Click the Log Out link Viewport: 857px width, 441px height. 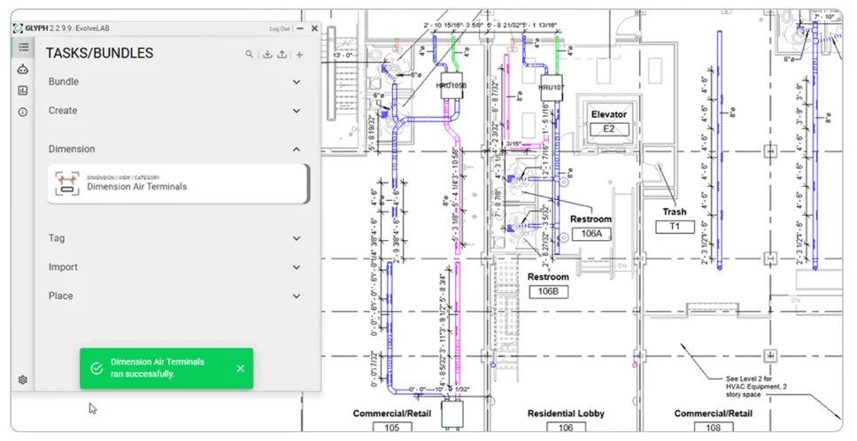click(x=280, y=28)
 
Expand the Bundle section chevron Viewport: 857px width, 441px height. click(x=297, y=82)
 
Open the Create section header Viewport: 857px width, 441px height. click(x=64, y=111)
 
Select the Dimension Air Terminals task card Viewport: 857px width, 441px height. click(x=178, y=183)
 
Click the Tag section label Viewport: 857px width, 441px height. click(x=57, y=238)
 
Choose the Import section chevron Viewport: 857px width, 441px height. click(x=297, y=267)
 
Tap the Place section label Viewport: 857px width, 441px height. click(x=59, y=296)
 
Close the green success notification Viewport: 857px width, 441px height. click(x=241, y=368)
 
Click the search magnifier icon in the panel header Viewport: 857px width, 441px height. click(x=251, y=54)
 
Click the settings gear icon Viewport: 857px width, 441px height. click(x=23, y=380)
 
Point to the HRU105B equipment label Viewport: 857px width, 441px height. click(x=451, y=86)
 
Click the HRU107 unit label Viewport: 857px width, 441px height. click(x=552, y=88)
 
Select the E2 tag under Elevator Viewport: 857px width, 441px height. click(x=608, y=129)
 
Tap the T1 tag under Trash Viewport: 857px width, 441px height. click(x=675, y=227)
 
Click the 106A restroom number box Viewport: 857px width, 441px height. click(x=591, y=234)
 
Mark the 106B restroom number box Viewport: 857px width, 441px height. click(x=549, y=291)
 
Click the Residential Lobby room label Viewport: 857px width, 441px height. click(x=565, y=414)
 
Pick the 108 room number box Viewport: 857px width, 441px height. click(x=714, y=428)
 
